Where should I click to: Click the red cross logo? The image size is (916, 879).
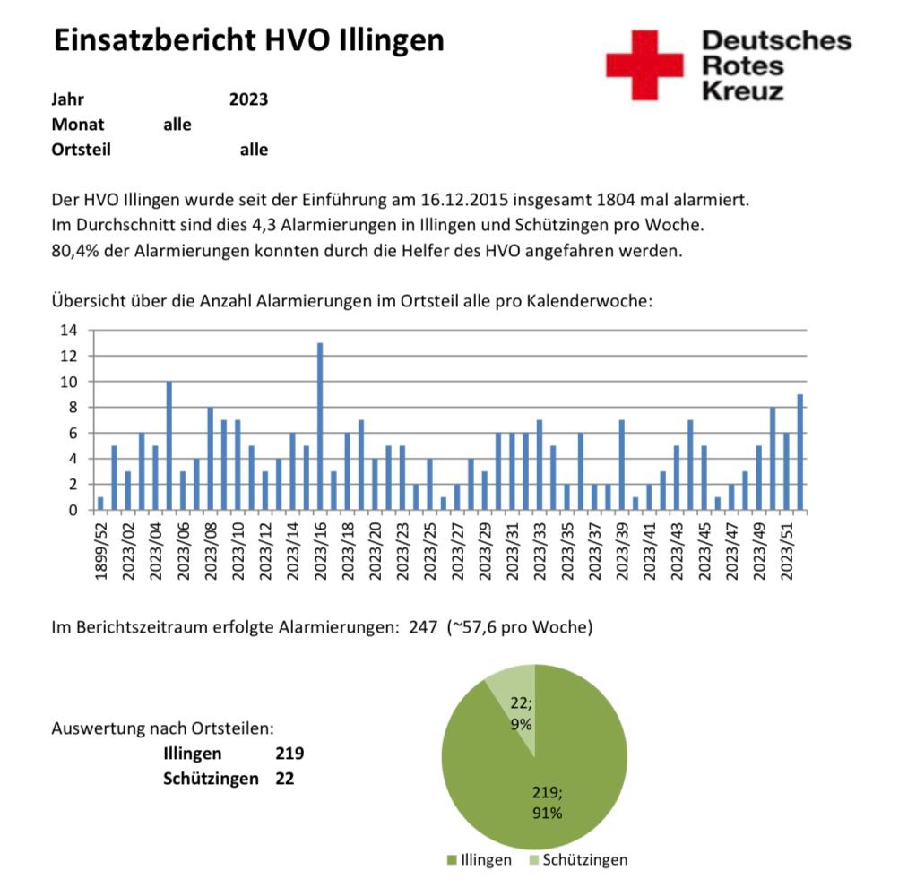click(644, 65)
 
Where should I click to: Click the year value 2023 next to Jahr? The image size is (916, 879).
click(248, 99)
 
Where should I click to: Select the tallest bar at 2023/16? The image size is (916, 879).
click(320, 427)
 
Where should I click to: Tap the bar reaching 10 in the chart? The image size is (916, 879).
click(169, 445)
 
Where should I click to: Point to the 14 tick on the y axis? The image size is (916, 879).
click(68, 331)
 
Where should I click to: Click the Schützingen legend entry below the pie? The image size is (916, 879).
click(578, 859)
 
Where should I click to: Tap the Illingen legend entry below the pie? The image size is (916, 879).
click(480, 859)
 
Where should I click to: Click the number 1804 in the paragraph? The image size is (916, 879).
click(615, 200)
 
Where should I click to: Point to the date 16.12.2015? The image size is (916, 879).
click(464, 200)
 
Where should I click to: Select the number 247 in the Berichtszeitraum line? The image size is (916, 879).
click(423, 627)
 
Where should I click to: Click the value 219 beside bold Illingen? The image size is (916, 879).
click(289, 754)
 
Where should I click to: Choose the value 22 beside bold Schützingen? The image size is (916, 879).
click(285, 779)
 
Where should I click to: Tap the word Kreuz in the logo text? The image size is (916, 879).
click(743, 91)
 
